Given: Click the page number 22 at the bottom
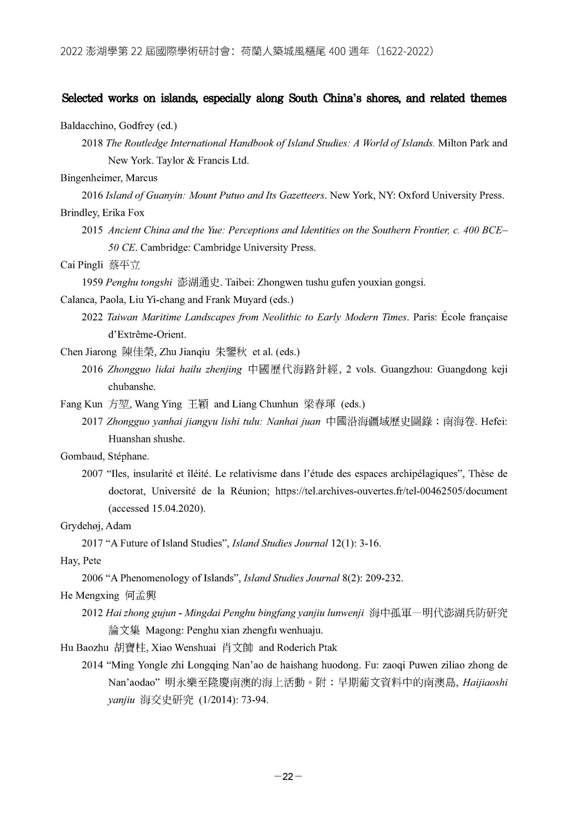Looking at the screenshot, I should coord(288,776).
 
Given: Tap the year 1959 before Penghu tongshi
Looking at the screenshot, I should coord(92,282).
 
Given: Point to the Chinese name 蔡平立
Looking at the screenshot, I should coord(125,265).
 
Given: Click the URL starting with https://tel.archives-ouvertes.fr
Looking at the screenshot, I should coord(391,491).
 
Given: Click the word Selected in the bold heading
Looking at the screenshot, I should coord(82,99).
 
